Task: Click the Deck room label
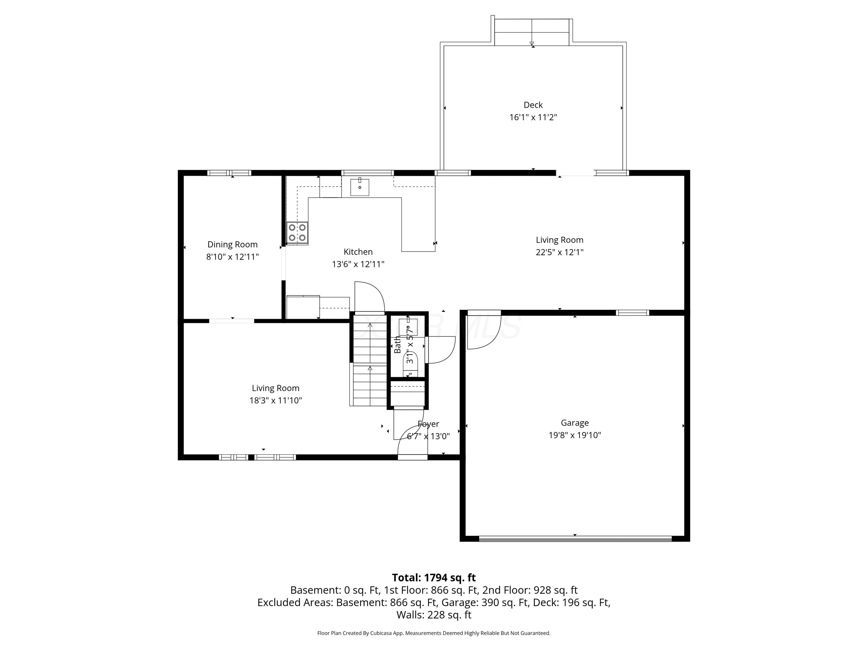pos(533,105)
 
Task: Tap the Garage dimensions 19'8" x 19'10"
pos(575,435)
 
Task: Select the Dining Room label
pos(232,244)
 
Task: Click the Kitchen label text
pos(358,251)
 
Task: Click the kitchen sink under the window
pos(359,187)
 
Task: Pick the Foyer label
pos(428,424)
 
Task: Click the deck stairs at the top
pos(532,32)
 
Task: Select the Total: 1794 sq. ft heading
pos(434,578)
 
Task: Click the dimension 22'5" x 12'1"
pos(560,252)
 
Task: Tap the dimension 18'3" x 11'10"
pos(275,400)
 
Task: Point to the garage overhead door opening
pos(575,538)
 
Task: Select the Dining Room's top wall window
pos(229,173)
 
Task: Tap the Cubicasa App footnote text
pos(434,633)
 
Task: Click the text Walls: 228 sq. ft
pos(434,615)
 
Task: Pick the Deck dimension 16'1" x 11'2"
pos(533,117)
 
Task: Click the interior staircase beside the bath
pos(369,359)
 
